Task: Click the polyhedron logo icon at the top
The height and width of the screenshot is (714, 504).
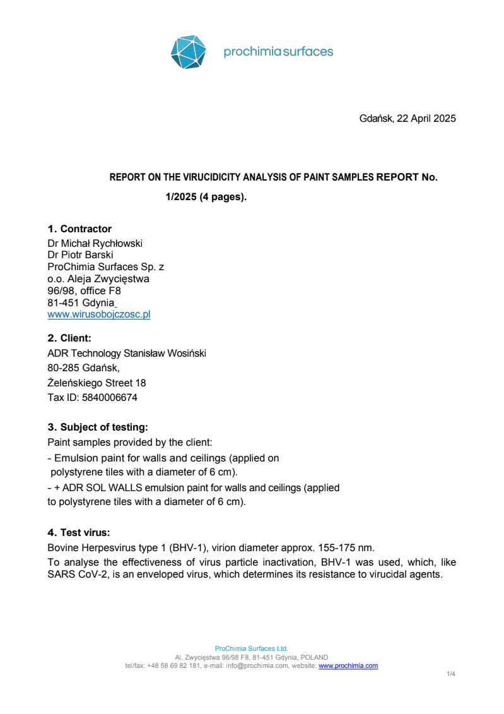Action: (189, 52)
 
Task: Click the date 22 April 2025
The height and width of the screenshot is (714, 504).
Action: (426, 119)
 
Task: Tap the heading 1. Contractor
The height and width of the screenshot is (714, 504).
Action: (79, 229)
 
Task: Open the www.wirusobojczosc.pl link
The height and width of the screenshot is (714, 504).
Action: (99, 314)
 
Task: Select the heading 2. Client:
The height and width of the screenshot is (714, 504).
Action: (69, 338)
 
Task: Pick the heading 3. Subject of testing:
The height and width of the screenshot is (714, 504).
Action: (98, 427)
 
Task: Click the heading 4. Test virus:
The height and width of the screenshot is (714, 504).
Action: (79, 532)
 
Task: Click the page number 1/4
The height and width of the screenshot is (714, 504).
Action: (451, 674)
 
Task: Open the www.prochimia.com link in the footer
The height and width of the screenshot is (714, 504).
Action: (348, 665)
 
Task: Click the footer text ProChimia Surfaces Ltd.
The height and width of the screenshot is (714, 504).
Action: (251, 648)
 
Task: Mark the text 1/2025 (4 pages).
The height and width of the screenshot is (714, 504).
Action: (206, 197)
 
